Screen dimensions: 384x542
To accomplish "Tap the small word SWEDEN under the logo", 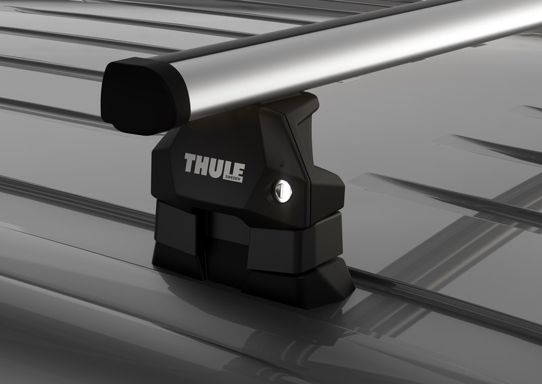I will tap(234, 178).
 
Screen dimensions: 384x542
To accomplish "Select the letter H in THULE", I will tap(201, 164).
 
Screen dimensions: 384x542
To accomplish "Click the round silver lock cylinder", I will tap(282, 192).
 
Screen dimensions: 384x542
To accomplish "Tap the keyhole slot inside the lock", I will tap(283, 192).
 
